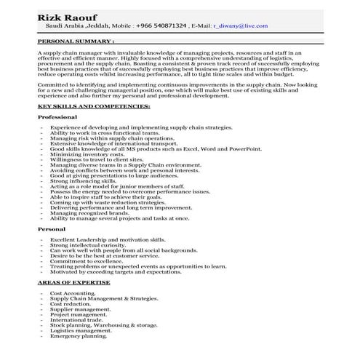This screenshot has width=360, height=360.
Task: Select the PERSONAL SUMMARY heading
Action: [x=76, y=41]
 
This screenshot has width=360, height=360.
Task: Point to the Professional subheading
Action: [x=57, y=116]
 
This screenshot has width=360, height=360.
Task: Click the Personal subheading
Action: [x=51, y=228]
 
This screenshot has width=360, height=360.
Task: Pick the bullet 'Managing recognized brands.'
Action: [x=91, y=213]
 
